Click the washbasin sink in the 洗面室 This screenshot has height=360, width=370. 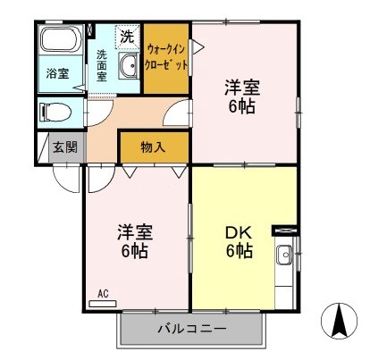click(127, 65)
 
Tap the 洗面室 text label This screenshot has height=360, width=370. click(102, 64)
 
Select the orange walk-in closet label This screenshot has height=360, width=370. click(167, 57)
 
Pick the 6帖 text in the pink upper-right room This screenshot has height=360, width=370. click(241, 106)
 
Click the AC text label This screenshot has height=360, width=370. click(102, 292)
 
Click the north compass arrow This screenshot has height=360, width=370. click(340, 319)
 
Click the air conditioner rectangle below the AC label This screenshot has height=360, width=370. click(104, 304)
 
